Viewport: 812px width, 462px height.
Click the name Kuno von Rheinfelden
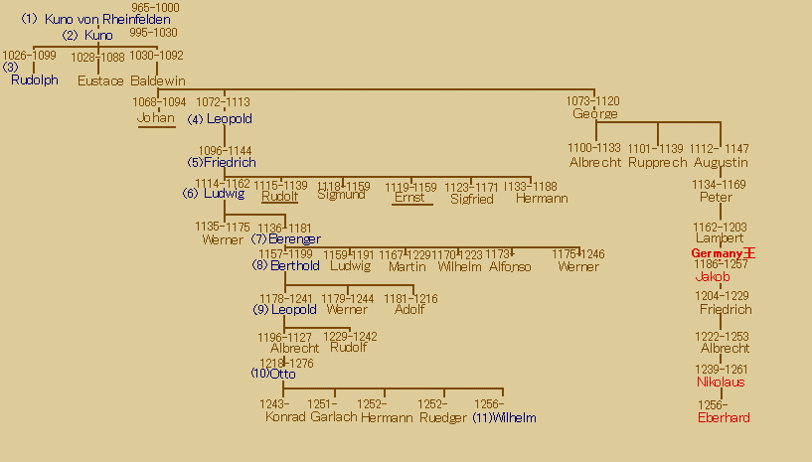pos(107,20)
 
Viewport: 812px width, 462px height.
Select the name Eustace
pos(100,81)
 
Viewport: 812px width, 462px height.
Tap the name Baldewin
pos(158,81)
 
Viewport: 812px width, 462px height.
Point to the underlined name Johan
pos(156,118)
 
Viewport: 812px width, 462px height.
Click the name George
pos(595,114)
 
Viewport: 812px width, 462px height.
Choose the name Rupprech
pos(657,163)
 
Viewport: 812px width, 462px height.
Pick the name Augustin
pos(722,163)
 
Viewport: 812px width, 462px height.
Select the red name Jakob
pos(712,277)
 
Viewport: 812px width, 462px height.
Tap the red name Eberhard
pos(724,418)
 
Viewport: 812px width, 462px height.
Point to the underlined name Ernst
pos(409,198)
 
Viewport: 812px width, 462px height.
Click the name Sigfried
pos(471,199)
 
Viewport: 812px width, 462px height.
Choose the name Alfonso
pos(510,266)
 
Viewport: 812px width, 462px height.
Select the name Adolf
pos(409,310)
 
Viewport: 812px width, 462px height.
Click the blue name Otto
pos(282,375)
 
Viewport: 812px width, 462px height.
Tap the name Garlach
pos(334,418)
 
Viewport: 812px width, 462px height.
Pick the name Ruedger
pos(443,418)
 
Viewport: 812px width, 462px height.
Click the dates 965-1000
pos(156,8)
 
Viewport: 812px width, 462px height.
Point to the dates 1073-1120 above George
pos(593,101)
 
